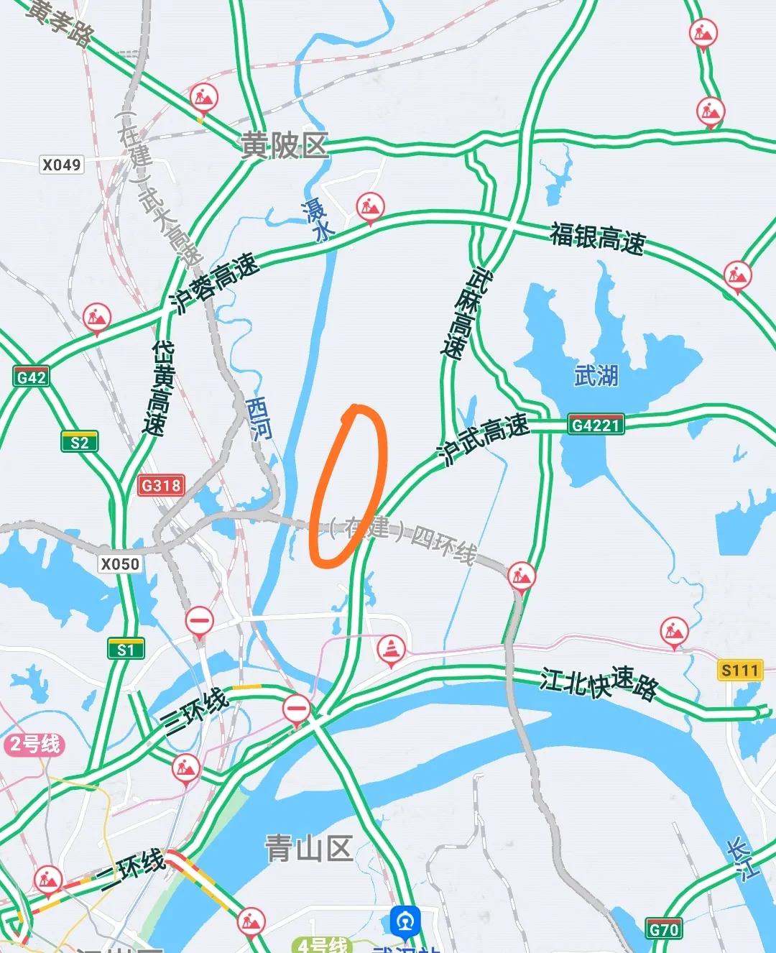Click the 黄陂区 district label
(285, 146)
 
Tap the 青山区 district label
(309, 849)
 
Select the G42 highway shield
(32, 377)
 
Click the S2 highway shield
(79, 442)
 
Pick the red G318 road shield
(161, 485)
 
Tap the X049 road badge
(62, 165)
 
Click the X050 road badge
(120, 563)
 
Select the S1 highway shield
(126, 650)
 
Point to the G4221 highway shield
(595, 425)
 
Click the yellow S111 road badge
(740, 671)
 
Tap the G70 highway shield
(663, 929)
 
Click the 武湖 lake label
(596, 375)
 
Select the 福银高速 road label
(598, 238)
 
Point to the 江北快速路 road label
(599, 683)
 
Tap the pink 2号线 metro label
(34, 744)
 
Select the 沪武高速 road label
(483, 438)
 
